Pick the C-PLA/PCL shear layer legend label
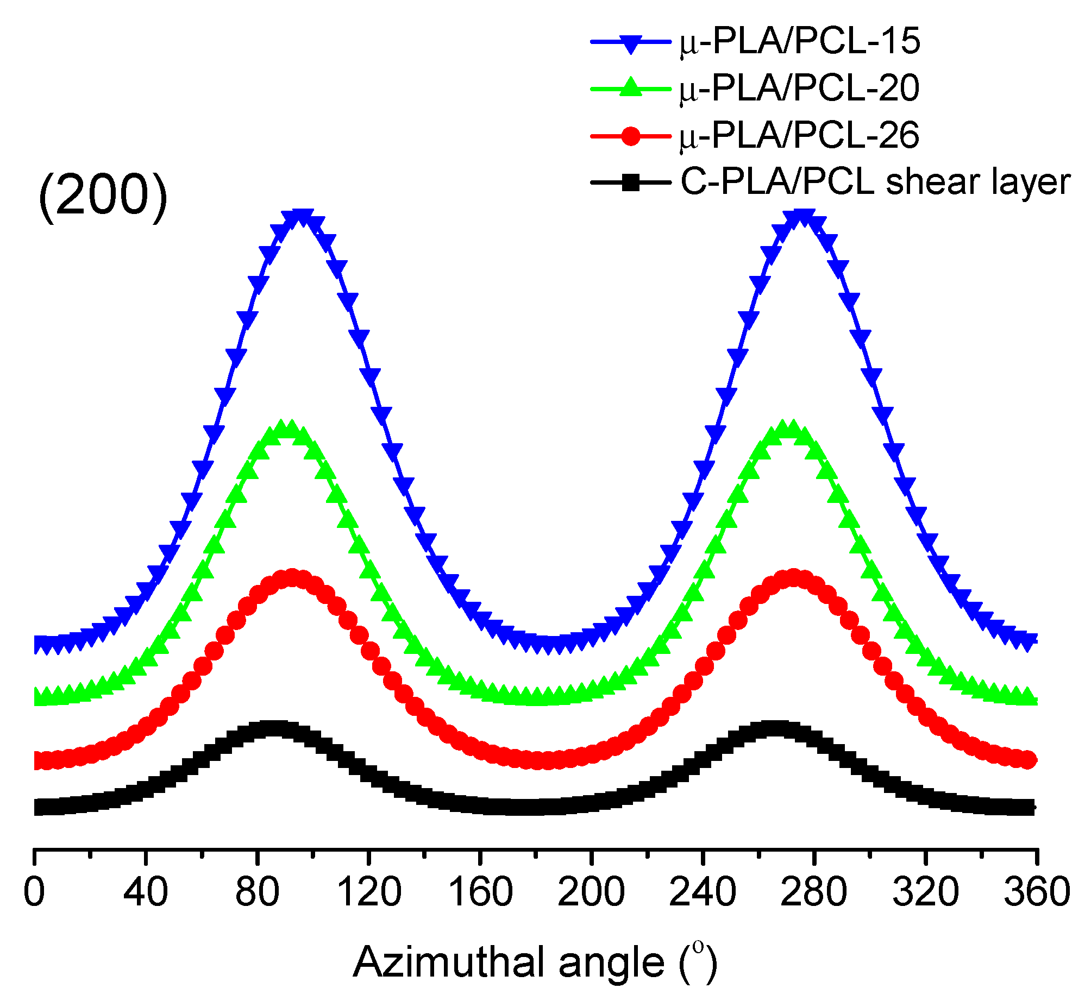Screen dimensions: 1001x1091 point(875,182)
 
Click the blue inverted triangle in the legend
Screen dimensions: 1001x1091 point(630,43)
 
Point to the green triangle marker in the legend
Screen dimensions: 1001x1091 point(630,87)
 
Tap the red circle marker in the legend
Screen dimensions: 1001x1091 point(630,135)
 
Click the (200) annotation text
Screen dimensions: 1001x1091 point(103,196)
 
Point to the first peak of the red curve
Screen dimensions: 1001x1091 point(292,578)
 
